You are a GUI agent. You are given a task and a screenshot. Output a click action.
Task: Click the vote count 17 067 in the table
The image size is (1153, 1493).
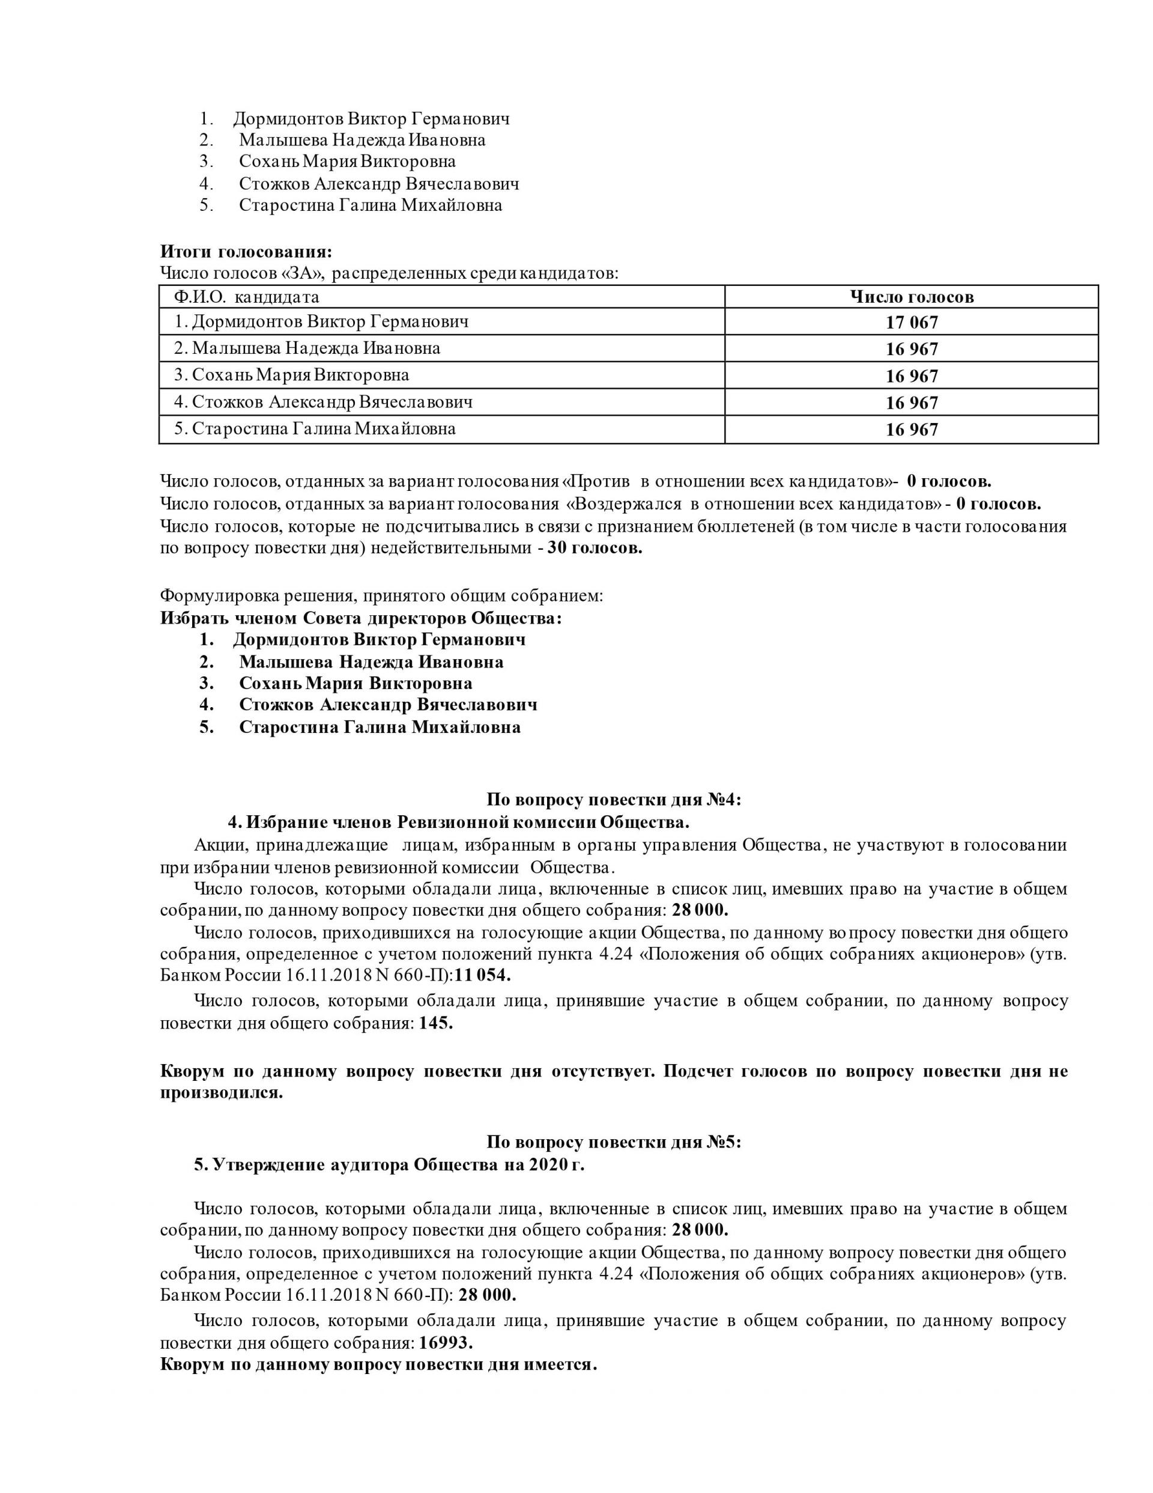click(911, 322)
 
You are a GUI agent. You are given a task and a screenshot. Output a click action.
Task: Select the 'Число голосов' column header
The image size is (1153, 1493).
click(911, 297)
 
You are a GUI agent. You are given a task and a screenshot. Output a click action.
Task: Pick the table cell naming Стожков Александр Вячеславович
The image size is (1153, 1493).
click(322, 402)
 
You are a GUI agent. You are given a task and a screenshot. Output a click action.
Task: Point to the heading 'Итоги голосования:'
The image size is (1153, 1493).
click(246, 252)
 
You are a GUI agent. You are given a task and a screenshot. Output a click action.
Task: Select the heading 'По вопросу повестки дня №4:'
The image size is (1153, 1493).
click(613, 799)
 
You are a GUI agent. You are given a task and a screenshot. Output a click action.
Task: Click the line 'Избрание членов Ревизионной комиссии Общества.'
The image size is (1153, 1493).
click(458, 821)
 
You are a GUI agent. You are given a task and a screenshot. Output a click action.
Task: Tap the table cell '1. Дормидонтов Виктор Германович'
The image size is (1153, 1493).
click(321, 321)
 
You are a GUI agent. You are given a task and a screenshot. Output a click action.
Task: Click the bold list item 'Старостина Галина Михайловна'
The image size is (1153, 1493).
click(380, 727)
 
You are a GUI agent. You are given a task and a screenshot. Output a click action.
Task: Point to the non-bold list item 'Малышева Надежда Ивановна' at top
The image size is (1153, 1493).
click(362, 140)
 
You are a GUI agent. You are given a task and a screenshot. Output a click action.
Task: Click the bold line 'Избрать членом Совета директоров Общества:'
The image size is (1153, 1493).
click(361, 618)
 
